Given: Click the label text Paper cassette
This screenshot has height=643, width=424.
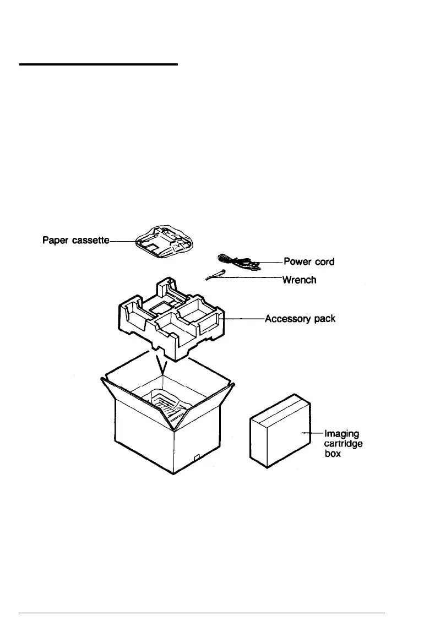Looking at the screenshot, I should pos(77,241).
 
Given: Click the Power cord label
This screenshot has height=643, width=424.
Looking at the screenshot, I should pos(308,261).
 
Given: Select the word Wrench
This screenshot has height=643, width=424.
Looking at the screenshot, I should pos(299,280).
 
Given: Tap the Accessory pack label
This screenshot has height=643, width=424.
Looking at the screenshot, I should pos(300,319).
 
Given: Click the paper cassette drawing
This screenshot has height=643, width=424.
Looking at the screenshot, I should pos(159,241).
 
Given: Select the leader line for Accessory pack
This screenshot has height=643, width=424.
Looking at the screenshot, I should pos(244,318).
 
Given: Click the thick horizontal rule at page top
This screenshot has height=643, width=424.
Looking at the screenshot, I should pos(99,64).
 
